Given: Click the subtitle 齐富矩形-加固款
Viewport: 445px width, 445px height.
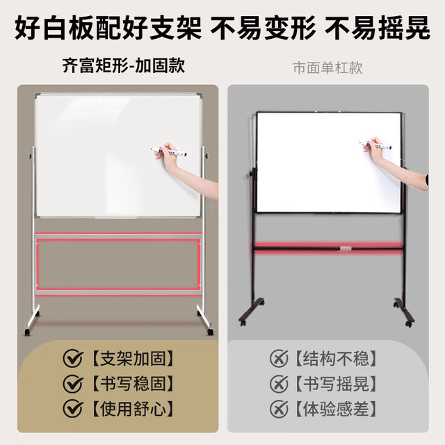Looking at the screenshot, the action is point(124,66).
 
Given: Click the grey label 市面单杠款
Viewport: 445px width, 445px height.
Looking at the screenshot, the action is point(327,68).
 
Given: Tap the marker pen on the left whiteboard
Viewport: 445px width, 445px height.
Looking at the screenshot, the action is point(168,152).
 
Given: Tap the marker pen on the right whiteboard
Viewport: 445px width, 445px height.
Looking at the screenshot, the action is point(375,145).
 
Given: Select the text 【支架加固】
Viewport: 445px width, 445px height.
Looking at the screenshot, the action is point(133,359).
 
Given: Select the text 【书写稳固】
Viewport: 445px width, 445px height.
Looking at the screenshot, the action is point(133,383).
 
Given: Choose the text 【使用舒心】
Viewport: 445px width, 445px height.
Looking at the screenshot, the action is point(133,409).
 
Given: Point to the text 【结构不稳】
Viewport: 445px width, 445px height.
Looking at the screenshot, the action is point(336,359).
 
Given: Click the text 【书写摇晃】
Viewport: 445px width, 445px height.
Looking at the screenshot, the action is point(336,383).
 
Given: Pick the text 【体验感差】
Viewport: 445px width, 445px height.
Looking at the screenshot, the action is point(336,409).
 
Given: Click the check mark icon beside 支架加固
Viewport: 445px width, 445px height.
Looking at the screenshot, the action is point(73,358).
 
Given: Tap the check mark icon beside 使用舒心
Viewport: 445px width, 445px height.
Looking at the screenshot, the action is point(73,409).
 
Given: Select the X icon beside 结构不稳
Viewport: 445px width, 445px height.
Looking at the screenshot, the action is point(279,358).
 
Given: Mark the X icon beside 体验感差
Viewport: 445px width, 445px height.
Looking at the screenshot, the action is point(279,409).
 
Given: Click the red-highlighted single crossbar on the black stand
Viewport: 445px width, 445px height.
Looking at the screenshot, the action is point(329,248).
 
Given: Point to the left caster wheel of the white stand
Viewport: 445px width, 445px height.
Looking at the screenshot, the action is point(27,332).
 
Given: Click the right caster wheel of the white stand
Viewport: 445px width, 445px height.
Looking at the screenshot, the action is point(210,332).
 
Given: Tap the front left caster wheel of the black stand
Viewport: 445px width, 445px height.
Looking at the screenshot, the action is point(243,323).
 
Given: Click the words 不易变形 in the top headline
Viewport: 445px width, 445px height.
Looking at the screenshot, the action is point(263,28).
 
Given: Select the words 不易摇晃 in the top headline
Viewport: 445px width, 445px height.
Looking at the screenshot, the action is point(378,28).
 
